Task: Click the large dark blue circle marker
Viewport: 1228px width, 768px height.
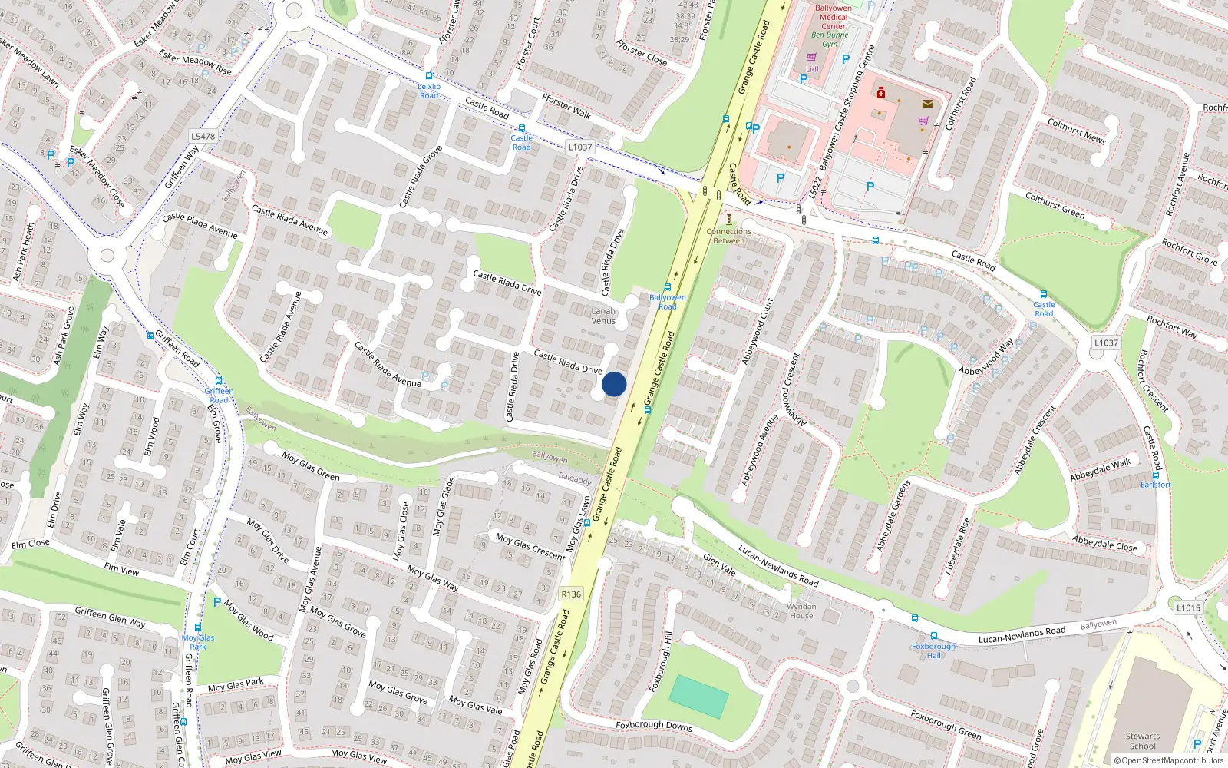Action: [x=614, y=384]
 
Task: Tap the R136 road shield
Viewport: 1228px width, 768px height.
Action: [x=571, y=594]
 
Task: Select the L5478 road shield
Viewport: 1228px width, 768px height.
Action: [x=203, y=137]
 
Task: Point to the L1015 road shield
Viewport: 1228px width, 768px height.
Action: [x=1188, y=607]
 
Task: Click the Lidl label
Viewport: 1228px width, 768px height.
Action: [x=812, y=69]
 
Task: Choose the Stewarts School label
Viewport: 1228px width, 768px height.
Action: [x=1143, y=741]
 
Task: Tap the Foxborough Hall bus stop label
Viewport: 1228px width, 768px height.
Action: [x=933, y=650]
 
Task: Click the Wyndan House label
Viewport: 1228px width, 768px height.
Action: [x=801, y=611]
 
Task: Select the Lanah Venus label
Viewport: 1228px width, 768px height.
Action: [x=603, y=316]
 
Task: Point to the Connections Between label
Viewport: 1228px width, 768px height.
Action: [x=728, y=236]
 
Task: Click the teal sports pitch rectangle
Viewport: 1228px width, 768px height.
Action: [x=698, y=696]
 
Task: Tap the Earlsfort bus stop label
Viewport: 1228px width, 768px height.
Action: [x=1155, y=485]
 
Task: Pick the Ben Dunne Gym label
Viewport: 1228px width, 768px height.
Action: [x=830, y=39]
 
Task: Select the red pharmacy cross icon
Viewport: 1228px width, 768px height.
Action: [x=881, y=93]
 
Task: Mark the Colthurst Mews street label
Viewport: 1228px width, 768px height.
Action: [x=1076, y=131]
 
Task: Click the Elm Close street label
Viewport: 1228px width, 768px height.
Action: [x=31, y=544]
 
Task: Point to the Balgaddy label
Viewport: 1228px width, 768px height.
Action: [x=575, y=479]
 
